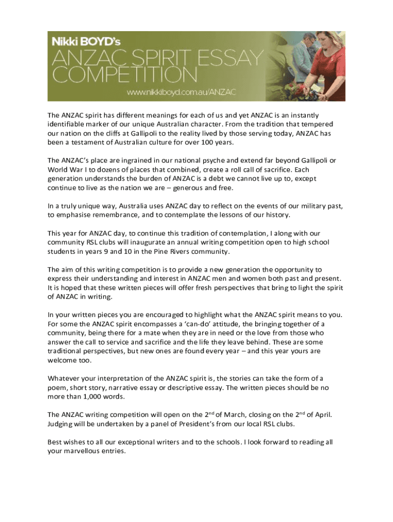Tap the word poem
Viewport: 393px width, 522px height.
(x=57, y=387)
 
